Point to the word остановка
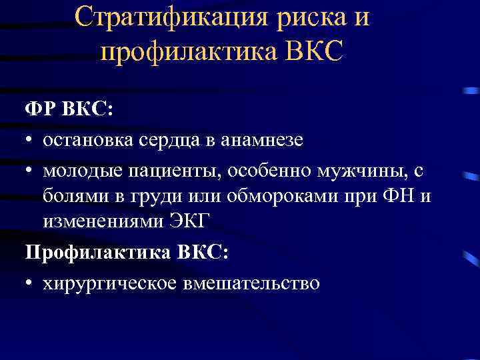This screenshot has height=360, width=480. point(89,140)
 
